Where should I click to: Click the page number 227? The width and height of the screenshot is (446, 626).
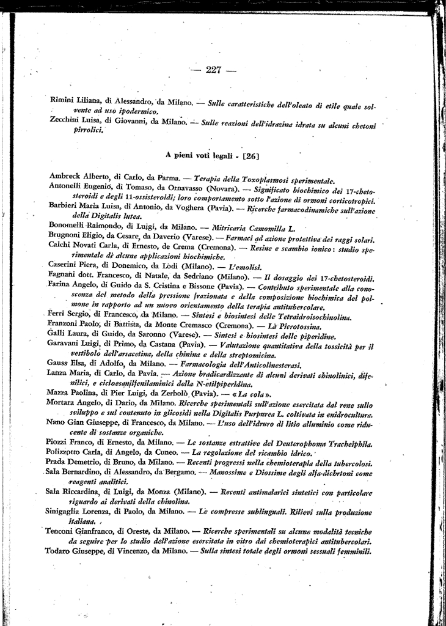pos(213,69)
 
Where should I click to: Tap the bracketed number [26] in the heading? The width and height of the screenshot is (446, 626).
pos(250,156)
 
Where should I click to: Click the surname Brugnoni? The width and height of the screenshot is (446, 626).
pos(67,236)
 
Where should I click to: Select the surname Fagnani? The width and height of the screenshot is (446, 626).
pos(64,277)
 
